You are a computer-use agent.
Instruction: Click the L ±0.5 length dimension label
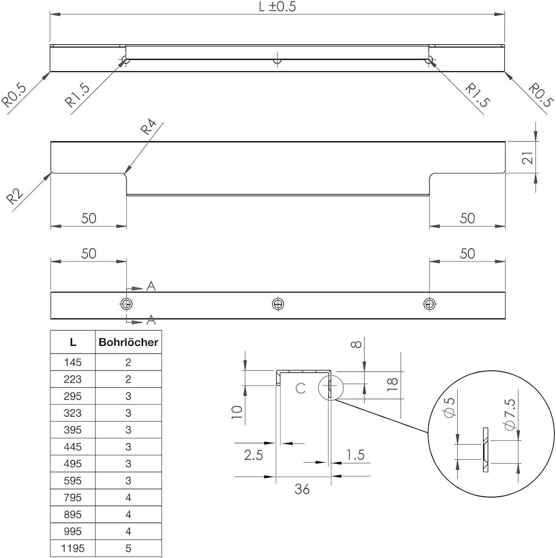[x=277, y=7]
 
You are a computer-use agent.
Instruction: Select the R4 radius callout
[x=148, y=127]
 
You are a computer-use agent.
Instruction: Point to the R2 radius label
[x=15, y=196]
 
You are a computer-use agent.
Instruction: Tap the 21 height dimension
[x=527, y=158]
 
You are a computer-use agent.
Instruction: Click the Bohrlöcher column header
[x=128, y=342]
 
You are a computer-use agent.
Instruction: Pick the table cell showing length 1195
[x=73, y=548]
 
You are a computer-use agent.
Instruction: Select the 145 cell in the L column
[x=73, y=362]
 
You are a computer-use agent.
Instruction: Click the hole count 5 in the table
[x=128, y=548]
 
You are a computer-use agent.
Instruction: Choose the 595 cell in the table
[x=73, y=481]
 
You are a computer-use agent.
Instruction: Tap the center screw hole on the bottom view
[x=278, y=304]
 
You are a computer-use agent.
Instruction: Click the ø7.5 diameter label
[x=510, y=415]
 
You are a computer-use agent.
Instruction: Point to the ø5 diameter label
[x=450, y=408]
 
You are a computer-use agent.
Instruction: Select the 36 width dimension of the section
[x=302, y=489]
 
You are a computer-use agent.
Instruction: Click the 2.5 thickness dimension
[x=253, y=455]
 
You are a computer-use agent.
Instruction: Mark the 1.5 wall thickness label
[x=355, y=455]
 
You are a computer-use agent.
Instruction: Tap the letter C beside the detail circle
[x=301, y=388]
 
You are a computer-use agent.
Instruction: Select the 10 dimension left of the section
[x=237, y=412]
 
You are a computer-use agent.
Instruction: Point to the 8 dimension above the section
[x=356, y=344]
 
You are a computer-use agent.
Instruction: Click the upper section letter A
[x=151, y=286]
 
